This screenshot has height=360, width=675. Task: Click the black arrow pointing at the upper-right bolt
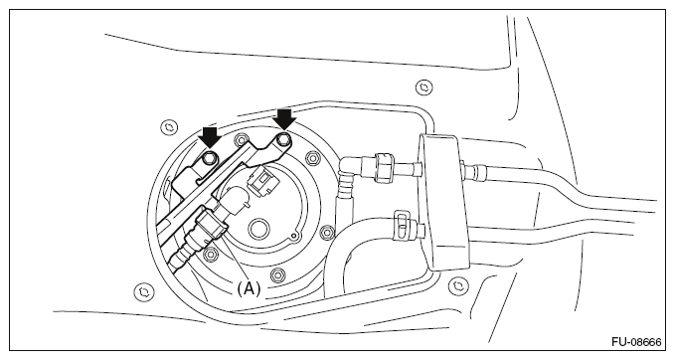click(x=285, y=119)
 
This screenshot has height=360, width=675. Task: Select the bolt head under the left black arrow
click(x=210, y=157)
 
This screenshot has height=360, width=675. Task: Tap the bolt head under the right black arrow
click(x=283, y=139)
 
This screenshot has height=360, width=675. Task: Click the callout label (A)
click(x=249, y=288)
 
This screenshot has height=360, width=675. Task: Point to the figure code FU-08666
click(x=636, y=342)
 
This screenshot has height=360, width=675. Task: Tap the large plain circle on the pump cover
click(x=258, y=228)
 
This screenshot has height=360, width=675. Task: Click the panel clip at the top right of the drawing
click(x=424, y=88)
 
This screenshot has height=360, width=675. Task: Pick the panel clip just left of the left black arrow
click(x=169, y=127)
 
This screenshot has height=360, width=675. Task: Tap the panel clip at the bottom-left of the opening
click(x=144, y=291)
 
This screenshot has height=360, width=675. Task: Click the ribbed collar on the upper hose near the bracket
click(x=384, y=168)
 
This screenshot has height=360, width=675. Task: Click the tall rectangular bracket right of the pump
click(x=443, y=203)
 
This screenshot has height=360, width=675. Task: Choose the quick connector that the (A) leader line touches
click(x=210, y=224)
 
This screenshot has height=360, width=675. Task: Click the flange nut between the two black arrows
click(x=240, y=140)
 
